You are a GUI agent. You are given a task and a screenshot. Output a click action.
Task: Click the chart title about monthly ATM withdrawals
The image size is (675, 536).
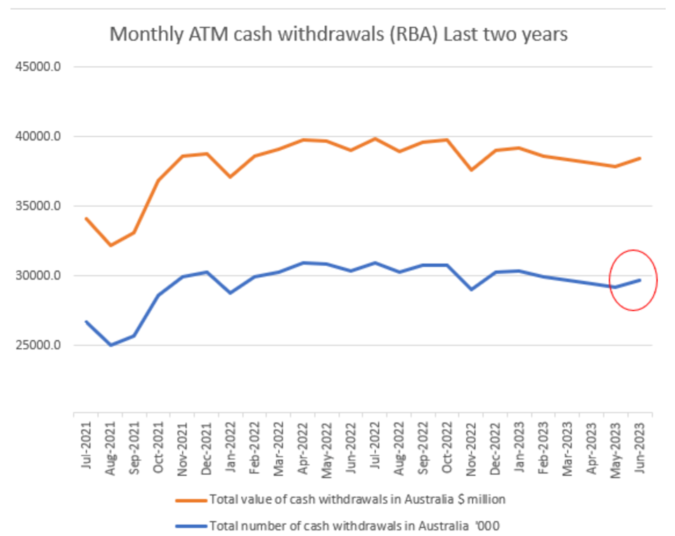337,34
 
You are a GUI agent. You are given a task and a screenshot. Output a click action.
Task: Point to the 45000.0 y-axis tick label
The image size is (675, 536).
36,68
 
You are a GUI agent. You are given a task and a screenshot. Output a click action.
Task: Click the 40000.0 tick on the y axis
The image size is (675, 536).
36,136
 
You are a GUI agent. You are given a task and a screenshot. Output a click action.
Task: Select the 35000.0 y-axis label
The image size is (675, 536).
36,206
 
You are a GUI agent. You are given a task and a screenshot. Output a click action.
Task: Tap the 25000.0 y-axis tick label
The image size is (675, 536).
36,345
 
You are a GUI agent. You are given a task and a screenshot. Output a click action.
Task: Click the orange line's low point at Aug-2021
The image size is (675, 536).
110,245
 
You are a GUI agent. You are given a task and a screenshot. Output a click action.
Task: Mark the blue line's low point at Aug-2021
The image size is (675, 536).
110,345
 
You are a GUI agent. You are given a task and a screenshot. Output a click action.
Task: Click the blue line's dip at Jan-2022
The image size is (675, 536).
231,293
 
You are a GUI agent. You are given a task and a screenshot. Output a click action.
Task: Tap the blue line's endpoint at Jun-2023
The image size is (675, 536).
640,280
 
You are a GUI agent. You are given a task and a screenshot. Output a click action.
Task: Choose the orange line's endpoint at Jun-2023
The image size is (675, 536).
640,158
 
